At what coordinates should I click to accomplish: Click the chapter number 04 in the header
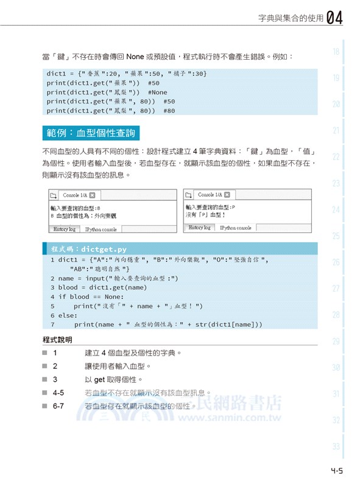[x=334, y=18]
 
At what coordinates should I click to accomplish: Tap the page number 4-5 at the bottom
[x=336, y=470]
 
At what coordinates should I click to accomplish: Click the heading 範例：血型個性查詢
[x=90, y=132]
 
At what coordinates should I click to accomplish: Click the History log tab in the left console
[x=64, y=229]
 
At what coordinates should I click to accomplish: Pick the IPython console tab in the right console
[x=235, y=228]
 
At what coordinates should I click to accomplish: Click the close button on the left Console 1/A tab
[x=92, y=195]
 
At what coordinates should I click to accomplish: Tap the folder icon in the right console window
[x=188, y=195]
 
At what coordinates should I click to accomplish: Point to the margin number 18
[x=336, y=52]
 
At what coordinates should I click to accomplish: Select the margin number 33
[x=336, y=446]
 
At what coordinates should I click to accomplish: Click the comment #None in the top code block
[x=157, y=93]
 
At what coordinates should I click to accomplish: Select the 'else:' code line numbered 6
[x=64, y=315]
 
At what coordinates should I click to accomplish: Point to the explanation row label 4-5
[x=58, y=393]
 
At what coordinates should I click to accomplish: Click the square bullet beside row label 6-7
[x=45, y=406]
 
